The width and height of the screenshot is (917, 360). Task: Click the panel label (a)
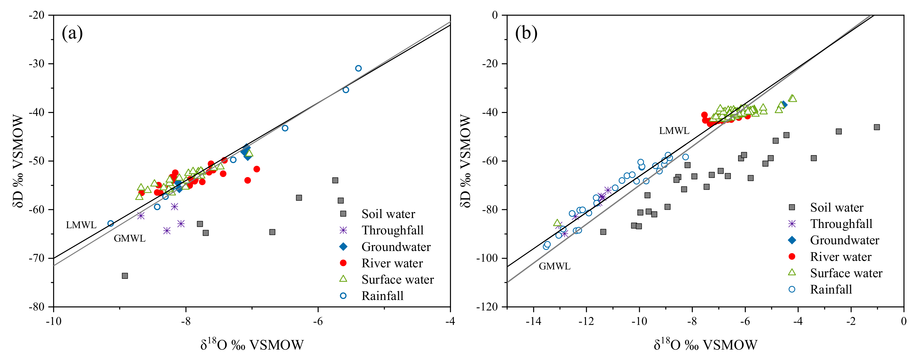pyautogui.click(x=72, y=33)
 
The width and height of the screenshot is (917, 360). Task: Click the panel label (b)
pyautogui.click(x=526, y=33)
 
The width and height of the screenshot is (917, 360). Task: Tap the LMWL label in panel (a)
pyautogui.click(x=81, y=225)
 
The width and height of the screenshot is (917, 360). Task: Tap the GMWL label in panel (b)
pyautogui.click(x=554, y=266)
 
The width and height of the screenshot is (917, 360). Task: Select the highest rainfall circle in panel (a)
pyautogui.click(x=358, y=68)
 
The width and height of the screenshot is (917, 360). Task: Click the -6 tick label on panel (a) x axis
pyautogui.click(x=318, y=321)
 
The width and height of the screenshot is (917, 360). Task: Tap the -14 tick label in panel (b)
pyautogui.click(x=533, y=321)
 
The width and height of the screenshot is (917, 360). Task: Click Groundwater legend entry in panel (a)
pyautogui.click(x=396, y=247)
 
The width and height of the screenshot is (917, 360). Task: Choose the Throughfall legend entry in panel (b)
pyautogui.click(x=841, y=224)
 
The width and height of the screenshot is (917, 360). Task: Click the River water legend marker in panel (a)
pyautogui.click(x=343, y=263)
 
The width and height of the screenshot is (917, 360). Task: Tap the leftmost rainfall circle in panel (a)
pyautogui.click(x=111, y=224)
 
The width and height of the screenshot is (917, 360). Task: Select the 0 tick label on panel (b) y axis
pyautogui.click(x=495, y=15)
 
